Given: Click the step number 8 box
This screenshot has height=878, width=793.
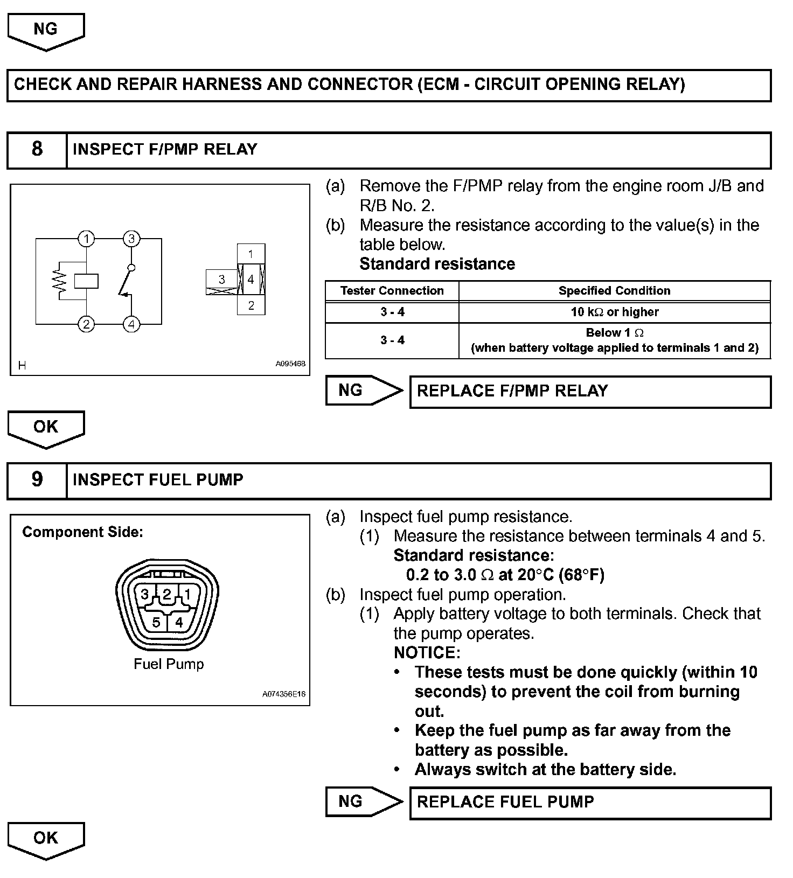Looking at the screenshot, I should (x=37, y=149).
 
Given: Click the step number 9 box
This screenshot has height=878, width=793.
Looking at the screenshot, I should (x=37, y=479).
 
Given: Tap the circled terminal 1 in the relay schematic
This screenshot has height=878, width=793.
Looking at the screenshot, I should (x=86, y=239).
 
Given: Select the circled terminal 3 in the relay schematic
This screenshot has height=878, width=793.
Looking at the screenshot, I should (x=131, y=239).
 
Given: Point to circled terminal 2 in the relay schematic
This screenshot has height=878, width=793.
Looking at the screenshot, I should (x=86, y=324).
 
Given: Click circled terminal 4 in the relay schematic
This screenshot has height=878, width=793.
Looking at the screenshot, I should (x=131, y=324).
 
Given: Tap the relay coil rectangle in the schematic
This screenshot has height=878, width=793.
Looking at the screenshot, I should (x=86, y=281).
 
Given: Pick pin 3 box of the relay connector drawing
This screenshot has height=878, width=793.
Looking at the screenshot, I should (x=221, y=280).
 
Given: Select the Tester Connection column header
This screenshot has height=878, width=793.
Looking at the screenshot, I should (x=392, y=291).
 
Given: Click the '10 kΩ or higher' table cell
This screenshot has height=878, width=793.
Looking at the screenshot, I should (x=614, y=312).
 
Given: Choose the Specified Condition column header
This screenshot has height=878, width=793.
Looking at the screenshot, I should (x=614, y=291).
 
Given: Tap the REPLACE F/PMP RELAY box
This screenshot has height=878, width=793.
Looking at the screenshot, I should (x=590, y=391).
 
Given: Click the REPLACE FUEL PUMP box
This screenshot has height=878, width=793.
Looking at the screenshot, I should (x=590, y=802).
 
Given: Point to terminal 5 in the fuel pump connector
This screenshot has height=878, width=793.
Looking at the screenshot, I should (x=156, y=623).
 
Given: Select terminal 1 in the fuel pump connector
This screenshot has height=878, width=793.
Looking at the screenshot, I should (x=187, y=595).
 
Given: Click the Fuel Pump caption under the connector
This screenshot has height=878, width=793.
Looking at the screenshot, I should (x=169, y=664).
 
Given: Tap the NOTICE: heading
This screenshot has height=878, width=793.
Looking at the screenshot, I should (x=427, y=653).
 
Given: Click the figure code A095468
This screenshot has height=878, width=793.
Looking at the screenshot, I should (x=290, y=364).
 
